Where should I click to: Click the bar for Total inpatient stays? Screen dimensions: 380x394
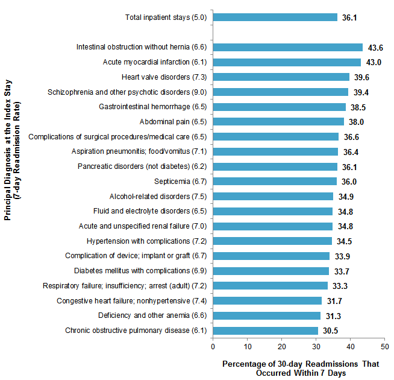tap(275, 17)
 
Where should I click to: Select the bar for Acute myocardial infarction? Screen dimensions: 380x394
tap(287, 62)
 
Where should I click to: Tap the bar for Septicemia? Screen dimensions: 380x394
tap(275, 181)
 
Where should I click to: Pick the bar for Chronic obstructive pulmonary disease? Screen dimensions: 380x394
tap(265, 331)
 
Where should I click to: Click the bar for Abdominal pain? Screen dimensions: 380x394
tap(278, 122)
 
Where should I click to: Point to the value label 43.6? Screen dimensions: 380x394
tap(375, 48)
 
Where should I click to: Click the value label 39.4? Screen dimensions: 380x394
tap(361, 92)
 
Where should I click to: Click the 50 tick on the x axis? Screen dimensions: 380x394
tap(384, 346)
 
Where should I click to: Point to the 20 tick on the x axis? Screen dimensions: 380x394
tap(281, 346)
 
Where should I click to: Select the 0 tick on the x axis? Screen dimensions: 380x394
tap(213, 346)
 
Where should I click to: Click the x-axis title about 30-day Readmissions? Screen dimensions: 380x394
tap(298, 369)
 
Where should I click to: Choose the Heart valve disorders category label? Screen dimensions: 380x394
tap(164, 77)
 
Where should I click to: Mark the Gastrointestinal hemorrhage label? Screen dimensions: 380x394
tap(153, 107)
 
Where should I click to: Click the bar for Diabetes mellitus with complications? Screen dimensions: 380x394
tap(270, 271)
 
